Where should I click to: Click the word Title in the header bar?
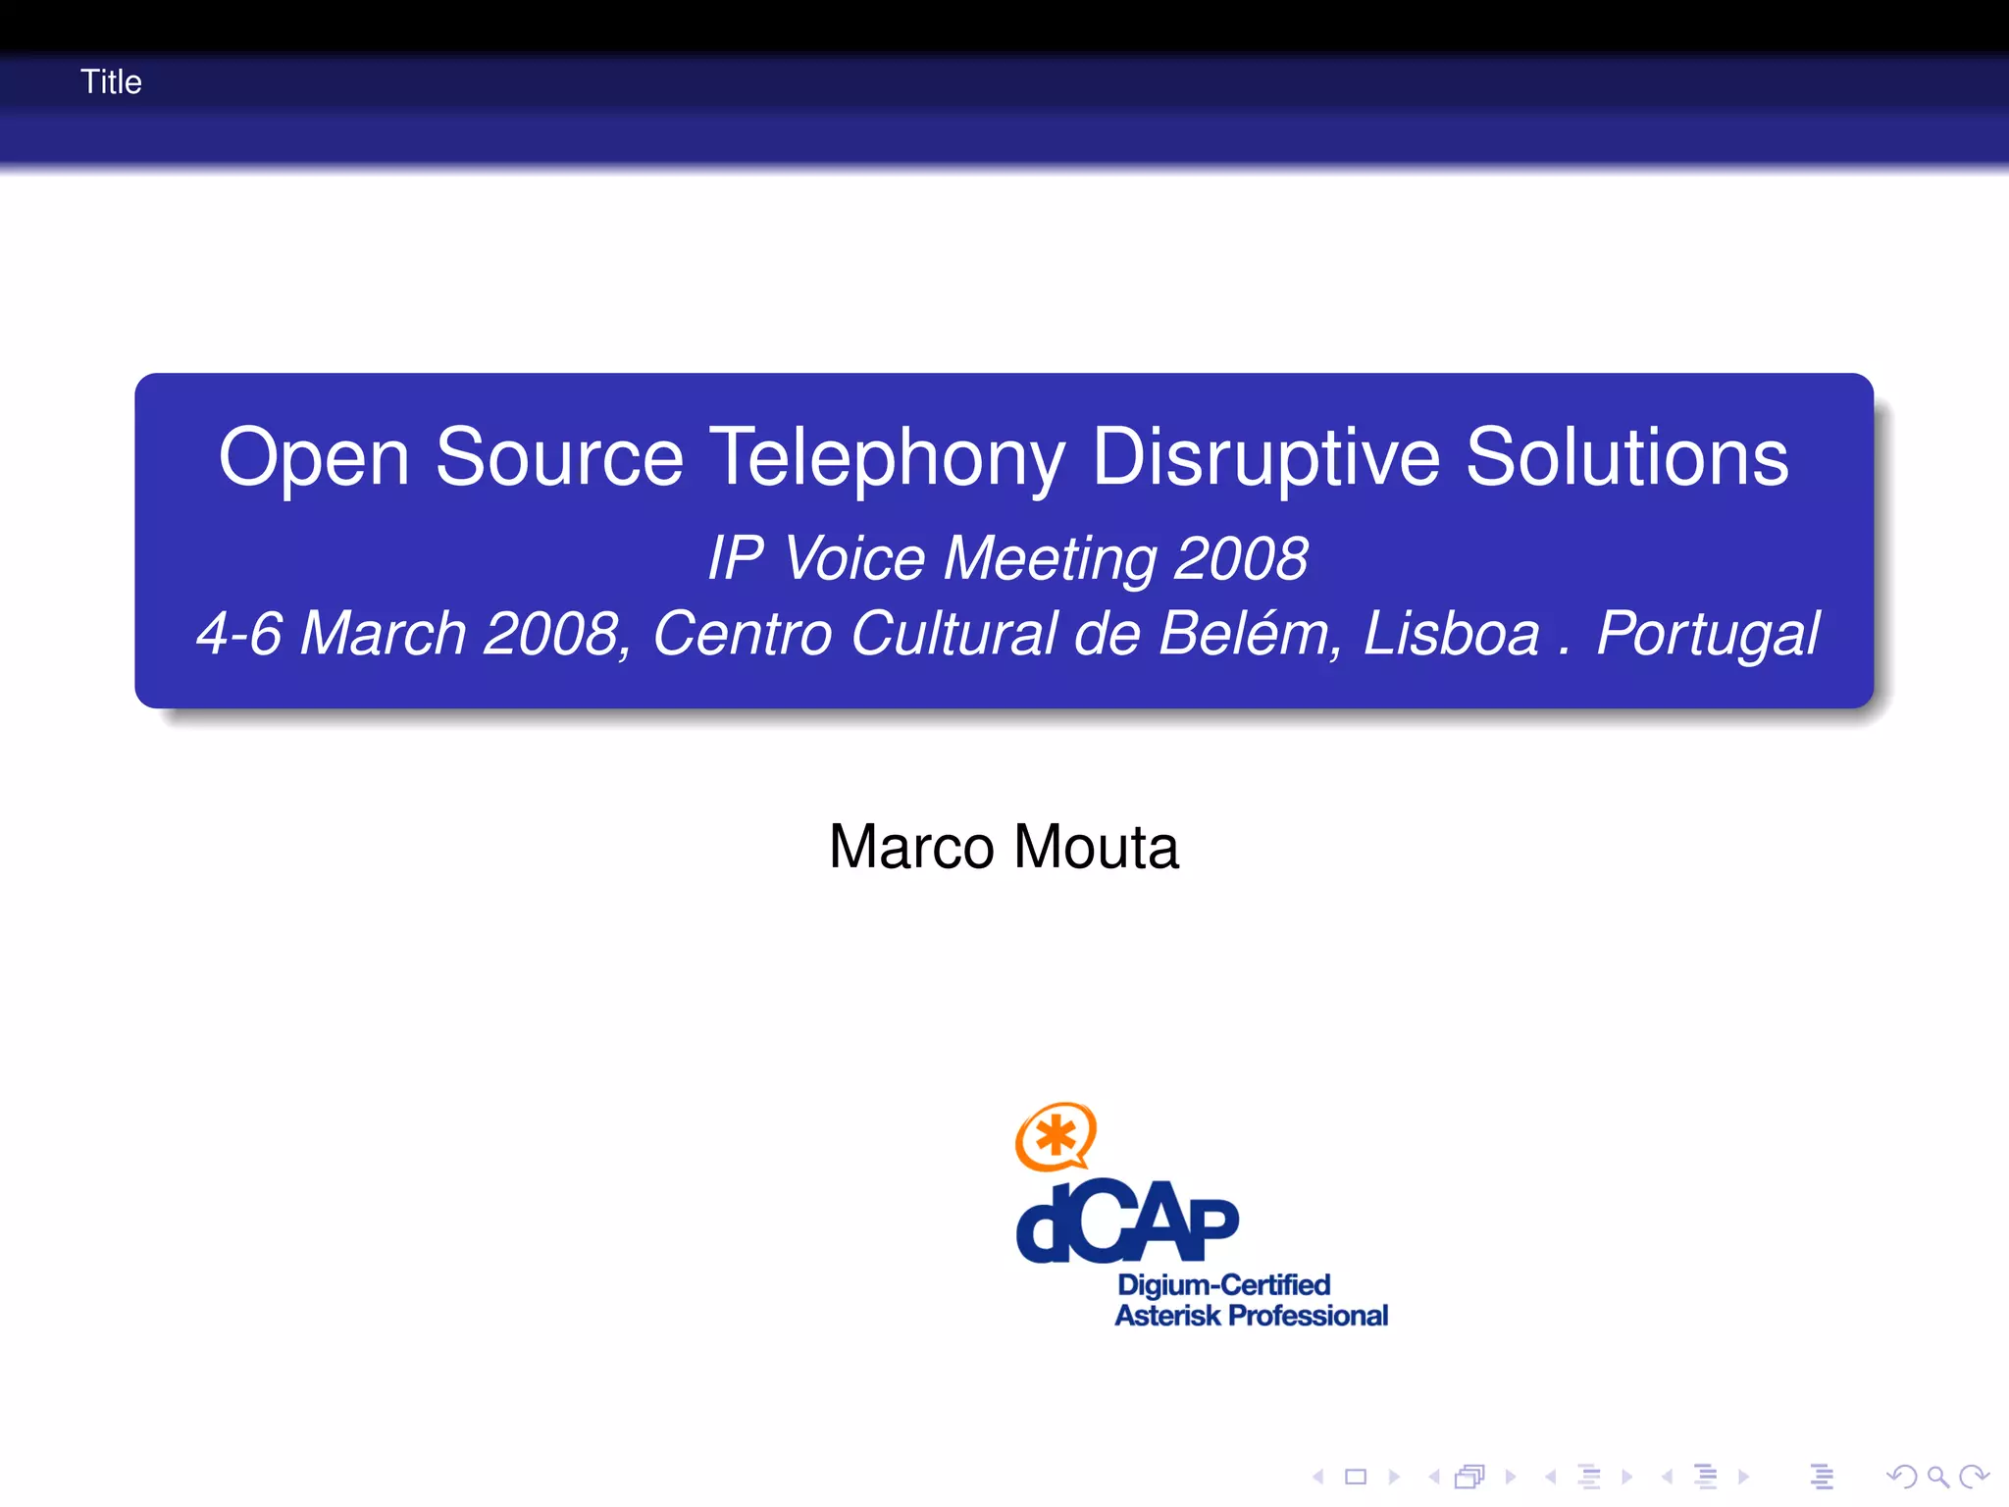coord(111,81)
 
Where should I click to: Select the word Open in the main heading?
coord(314,458)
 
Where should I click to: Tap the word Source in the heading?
coord(559,457)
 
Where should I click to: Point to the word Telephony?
coord(887,458)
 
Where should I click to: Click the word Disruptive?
coord(1265,458)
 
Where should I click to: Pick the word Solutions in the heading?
coord(1627,457)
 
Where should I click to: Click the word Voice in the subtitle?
coord(854,558)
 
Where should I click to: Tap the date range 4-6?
coord(239,633)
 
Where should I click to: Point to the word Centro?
coord(743,633)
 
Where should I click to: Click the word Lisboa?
coord(1452,633)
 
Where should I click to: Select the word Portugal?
coord(1708,634)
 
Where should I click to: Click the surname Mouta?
coord(1096,847)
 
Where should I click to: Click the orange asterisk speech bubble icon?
coord(1056,1136)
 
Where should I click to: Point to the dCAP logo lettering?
coord(1127,1221)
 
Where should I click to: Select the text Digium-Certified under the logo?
coord(1223,1284)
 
